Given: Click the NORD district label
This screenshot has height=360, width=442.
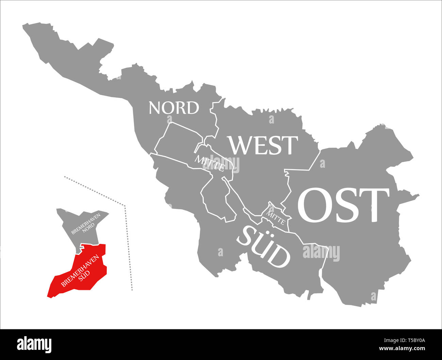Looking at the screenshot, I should tap(174, 108).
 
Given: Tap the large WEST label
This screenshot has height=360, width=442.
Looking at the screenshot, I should tap(263, 145).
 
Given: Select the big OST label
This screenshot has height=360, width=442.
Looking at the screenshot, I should tap(343, 205).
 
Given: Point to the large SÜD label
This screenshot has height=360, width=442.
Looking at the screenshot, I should tap(264, 247).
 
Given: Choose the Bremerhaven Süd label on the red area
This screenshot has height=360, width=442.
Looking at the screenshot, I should tap(82, 270).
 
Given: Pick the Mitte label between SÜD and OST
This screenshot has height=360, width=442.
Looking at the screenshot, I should tap(276, 218).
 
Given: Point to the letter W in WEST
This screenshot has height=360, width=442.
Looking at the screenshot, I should tap(242, 145).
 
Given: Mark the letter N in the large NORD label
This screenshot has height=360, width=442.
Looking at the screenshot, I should tap(155, 108).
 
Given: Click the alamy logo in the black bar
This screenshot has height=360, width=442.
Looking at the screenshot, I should tap(34, 344).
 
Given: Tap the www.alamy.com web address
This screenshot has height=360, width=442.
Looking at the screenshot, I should tap(402, 349).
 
